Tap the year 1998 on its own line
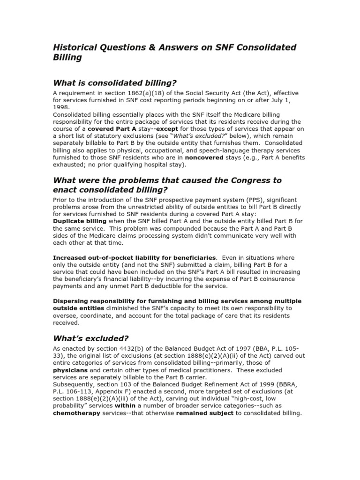pyautogui.click(x=60, y=106)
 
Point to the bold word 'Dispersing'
pyautogui.click(x=73, y=301)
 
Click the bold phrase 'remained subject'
pyautogui.click(x=204, y=413)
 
